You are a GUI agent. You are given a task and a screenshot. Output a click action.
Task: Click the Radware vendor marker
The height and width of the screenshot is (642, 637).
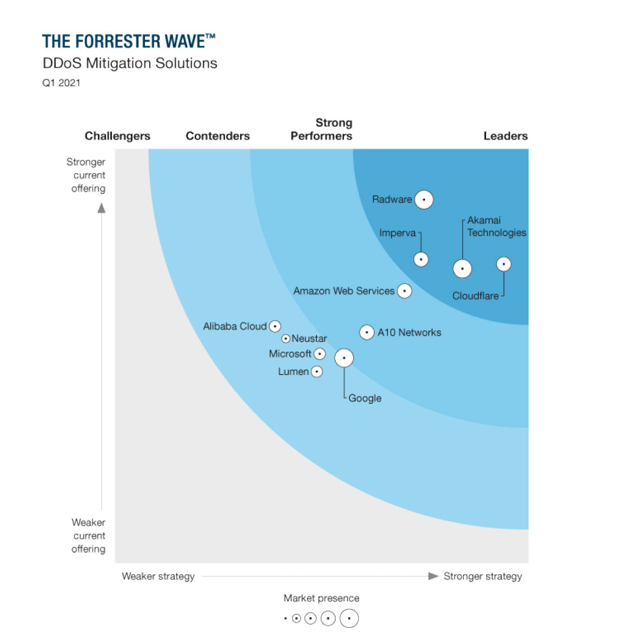424,200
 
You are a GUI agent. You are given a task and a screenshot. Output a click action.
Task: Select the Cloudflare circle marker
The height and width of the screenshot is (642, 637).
503,264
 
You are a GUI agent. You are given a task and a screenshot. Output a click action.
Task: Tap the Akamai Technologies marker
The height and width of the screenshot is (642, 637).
462,268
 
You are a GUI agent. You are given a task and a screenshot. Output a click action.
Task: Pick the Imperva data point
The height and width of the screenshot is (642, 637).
421,259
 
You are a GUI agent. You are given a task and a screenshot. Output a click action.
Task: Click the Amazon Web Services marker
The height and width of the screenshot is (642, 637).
404,291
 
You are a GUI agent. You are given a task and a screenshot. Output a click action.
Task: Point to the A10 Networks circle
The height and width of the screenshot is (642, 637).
367,332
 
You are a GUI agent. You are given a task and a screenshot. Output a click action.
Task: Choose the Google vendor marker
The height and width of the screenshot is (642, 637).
344,358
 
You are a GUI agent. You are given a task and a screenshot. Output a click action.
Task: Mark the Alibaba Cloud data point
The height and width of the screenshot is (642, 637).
275,326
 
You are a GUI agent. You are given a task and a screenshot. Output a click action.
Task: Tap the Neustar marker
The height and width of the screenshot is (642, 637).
286,339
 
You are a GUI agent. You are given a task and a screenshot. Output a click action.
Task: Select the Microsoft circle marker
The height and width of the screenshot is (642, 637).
320,354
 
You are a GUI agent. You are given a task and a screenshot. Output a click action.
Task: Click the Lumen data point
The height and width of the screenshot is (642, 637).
317,372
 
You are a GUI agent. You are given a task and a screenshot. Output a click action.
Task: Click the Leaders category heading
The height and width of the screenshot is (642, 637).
505,136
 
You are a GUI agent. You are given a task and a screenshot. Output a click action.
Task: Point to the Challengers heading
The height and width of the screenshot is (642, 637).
117,136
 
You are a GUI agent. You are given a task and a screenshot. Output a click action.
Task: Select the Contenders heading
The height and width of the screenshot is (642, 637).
217,136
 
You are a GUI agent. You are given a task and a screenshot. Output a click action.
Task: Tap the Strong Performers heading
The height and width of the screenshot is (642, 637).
322,129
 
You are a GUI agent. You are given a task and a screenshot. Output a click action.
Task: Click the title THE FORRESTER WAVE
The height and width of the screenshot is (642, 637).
129,41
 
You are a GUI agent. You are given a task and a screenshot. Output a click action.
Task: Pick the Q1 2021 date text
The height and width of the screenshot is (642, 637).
61,83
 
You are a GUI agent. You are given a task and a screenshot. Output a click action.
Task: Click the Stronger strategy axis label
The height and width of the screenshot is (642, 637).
482,577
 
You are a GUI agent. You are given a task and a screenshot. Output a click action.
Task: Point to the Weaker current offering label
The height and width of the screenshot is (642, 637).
89,536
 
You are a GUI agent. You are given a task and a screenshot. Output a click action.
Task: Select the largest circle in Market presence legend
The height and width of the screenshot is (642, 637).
349,618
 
